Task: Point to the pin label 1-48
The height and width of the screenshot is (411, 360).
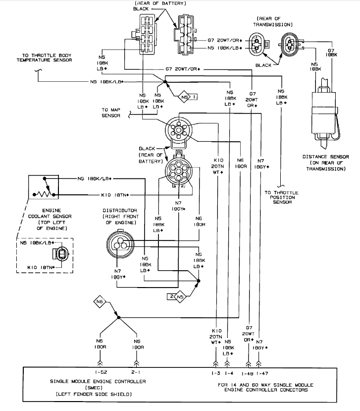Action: pyautogui.click(x=249, y=372)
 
